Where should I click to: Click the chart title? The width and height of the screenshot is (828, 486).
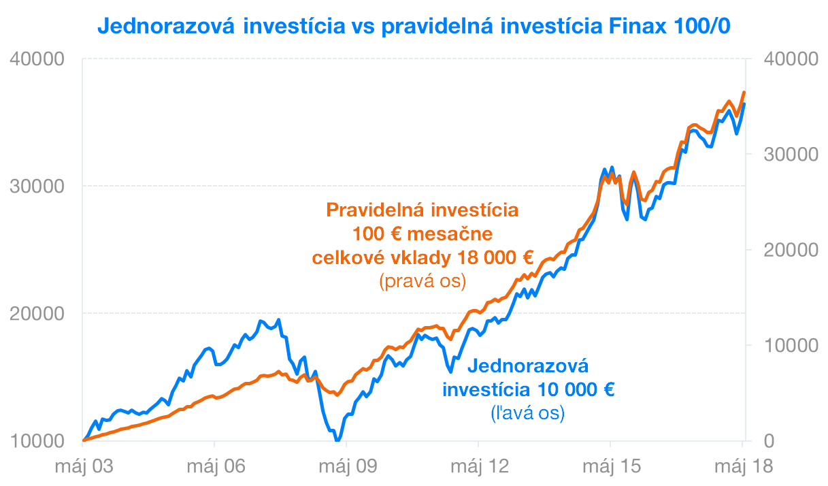click(414, 25)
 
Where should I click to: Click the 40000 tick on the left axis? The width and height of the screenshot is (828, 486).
click(37, 59)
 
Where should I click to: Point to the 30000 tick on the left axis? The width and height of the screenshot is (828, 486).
click(37, 187)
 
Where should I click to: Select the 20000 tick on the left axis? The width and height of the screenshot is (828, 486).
click(37, 314)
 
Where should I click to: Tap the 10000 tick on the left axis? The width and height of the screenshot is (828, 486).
click(37, 441)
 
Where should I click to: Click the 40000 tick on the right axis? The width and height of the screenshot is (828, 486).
click(790, 59)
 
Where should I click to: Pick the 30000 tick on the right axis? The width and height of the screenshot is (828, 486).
click(790, 155)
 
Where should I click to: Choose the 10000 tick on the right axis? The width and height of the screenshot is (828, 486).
click(790, 346)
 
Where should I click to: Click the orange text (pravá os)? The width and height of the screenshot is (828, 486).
click(423, 281)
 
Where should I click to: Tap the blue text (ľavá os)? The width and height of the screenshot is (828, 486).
click(527, 412)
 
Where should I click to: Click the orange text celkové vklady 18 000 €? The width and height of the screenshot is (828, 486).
click(423, 258)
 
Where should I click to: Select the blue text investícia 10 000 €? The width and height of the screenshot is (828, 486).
click(529, 390)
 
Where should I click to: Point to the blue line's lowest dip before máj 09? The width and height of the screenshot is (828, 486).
click(337, 440)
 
